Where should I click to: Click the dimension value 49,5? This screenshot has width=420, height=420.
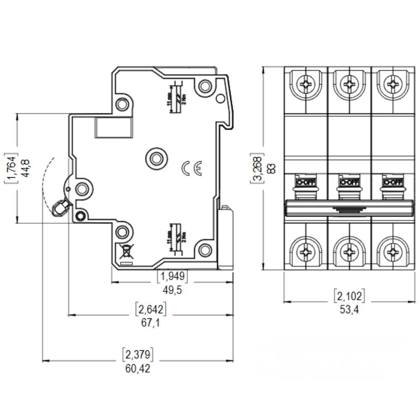(x=172, y=290)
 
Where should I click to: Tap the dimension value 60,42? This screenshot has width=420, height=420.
(x=137, y=369)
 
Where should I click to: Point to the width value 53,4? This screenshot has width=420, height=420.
(x=349, y=310)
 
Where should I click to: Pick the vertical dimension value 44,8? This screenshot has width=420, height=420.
(x=26, y=168)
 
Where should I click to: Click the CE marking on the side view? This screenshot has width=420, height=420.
(x=192, y=168)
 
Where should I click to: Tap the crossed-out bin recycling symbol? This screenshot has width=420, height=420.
(x=125, y=252)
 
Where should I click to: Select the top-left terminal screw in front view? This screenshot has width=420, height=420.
(x=305, y=84)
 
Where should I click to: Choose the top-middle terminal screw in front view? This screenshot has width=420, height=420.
(x=349, y=84)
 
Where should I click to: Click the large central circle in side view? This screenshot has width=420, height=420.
(x=156, y=158)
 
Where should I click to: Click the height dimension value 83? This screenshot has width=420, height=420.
(x=272, y=168)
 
